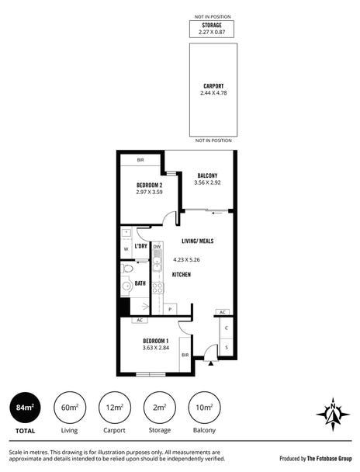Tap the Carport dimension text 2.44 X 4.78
(213, 93)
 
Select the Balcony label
(207, 175)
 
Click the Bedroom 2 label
(150, 185)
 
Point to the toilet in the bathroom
(127, 268)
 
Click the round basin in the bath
(127, 286)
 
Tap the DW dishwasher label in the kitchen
(157, 247)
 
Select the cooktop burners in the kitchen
(157, 288)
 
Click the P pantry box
(170, 309)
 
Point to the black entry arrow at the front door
(211, 363)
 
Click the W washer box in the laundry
(126, 249)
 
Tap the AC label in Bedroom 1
(140, 321)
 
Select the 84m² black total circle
(25, 408)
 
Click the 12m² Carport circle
(115, 408)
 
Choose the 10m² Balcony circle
(204, 408)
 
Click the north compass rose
(333, 415)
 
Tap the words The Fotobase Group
(329, 459)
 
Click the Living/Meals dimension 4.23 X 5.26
(186, 259)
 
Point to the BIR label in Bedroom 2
(140, 160)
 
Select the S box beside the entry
(227, 347)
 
